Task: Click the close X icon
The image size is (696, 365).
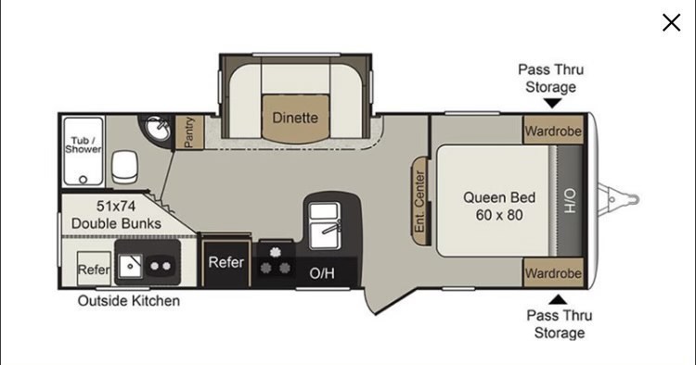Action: point(671,22)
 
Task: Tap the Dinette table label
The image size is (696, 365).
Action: point(295,118)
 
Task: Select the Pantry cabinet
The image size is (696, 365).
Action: point(189,132)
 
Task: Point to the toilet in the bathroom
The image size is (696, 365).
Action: point(124,167)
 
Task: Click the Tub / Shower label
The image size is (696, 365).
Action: point(83,145)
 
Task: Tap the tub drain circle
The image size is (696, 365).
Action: point(83,180)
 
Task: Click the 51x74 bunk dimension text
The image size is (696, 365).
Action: point(116,206)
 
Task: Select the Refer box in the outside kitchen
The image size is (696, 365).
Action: point(94,269)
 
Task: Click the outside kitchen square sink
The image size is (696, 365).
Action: point(130,266)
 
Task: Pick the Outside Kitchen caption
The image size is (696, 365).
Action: point(129,301)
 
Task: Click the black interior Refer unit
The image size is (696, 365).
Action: point(226,263)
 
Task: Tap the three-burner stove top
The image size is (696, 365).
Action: point(276,262)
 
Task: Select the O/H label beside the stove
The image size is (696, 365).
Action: point(322,273)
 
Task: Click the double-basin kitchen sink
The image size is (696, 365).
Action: point(325,225)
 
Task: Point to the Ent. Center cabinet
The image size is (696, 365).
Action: point(419,202)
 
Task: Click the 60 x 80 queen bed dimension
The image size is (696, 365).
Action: point(499,215)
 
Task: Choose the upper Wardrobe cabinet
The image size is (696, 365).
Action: point(553,131)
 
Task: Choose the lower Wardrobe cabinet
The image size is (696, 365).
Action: point(553,273)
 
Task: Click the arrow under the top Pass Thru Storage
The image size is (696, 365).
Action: point(552,103)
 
